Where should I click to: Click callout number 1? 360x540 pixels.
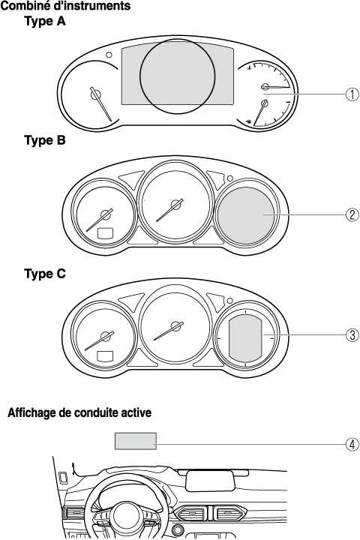[352, 94]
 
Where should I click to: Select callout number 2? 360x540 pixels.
[352, 215]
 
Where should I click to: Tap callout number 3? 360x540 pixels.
[352, 334]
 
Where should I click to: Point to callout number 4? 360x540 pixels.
[352, 444]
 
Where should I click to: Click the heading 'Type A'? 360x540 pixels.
[45, 21]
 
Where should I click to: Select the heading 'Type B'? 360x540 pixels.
[45, 140]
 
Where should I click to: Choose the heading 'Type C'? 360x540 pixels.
[45, 274]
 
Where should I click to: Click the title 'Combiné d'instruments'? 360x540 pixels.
[65, 5]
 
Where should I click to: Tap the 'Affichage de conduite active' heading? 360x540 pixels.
[79, 412]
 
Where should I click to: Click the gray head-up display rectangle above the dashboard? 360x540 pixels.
[136, 441]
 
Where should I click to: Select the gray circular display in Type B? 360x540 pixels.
[246, 215]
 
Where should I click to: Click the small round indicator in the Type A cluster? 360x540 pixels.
[109, 55]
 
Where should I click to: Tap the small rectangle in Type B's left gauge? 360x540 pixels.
[106, 232]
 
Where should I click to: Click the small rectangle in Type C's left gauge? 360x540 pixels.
[106, 355]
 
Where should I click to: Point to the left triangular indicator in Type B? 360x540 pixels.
[131, 178]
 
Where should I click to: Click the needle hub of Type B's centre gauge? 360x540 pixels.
[177, 204]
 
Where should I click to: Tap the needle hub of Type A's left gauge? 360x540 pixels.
[95, 94]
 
